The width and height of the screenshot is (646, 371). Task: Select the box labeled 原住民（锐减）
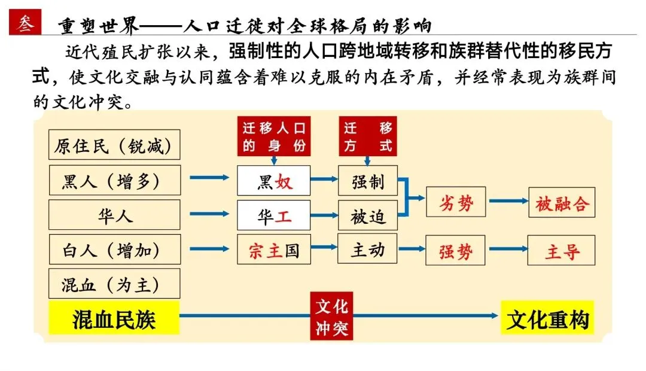(114, 145)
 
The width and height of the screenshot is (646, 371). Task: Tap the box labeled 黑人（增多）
(114, 180)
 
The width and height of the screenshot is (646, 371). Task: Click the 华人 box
(114, 215)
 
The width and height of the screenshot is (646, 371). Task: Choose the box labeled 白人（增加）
(114, 250)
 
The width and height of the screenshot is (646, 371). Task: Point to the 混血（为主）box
(114, 284)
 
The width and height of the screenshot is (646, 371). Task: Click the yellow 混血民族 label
(114, 319)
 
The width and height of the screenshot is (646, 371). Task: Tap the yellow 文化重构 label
(547, 319)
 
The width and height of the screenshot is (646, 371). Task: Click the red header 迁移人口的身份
(274, 136)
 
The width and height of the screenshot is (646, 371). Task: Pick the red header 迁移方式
(368, 136)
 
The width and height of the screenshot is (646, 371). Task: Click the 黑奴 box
(274, 181)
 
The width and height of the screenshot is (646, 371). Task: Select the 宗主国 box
(274, 250)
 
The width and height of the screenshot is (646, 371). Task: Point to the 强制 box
(368, 181)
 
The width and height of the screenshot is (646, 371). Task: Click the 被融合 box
(562, 203)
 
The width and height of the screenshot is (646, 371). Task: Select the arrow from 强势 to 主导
(506, 250)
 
